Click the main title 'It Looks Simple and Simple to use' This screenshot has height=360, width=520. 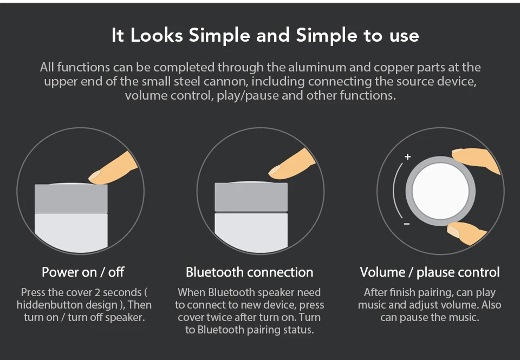coord(265,36)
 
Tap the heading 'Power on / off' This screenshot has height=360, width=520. coord(83,272)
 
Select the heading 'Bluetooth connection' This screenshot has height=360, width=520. coord(249,272)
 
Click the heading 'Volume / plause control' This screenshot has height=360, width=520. coord(430,272)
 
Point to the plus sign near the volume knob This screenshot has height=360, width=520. coord(407,157)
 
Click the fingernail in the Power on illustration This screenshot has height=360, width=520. coord(96,175)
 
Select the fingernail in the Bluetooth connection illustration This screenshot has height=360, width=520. coord(276,172)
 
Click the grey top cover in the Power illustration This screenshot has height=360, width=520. coord(71,199)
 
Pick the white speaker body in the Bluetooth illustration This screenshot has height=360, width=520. coord(251,230)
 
